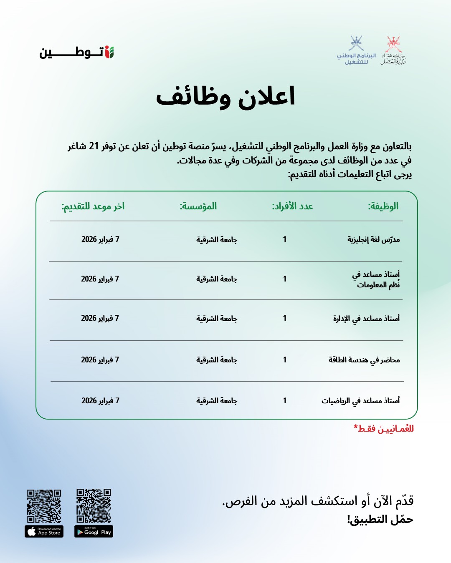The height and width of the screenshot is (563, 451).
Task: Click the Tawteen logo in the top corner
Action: [x=77, y=53]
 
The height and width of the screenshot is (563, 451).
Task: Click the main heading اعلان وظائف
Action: [x=225, y=97]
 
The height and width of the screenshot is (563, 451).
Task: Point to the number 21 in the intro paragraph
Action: [x=94, y=146]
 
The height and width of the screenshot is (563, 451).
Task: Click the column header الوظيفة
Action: [x=383, y=206]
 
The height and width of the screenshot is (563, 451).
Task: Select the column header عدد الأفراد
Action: [x=292, y=206]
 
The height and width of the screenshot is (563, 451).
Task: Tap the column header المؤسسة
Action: [x=198, y=206]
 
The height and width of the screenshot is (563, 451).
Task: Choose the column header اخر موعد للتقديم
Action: [x=93, y=206]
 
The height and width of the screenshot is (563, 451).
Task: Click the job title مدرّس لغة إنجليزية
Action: [x=373, y=239]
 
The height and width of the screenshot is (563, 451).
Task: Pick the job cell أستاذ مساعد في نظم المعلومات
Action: [x=376, y=279]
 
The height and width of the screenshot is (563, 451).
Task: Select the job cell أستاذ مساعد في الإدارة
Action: [x=366, y=319]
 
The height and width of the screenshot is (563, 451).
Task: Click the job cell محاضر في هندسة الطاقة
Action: [x=364, y=360]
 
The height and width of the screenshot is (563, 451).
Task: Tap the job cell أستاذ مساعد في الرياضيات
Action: [x=360, y=401]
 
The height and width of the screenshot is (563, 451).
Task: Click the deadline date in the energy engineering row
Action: [x=100, y=360]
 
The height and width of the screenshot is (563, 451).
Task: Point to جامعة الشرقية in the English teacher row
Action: [x=217, y=240]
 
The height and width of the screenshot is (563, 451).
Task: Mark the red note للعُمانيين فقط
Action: [x=383, y=429]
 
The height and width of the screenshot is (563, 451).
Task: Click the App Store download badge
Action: [x=44, y=532]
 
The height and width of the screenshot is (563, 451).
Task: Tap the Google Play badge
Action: [x=94, y=532]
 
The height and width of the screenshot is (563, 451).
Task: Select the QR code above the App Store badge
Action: [x=44, y=506]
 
